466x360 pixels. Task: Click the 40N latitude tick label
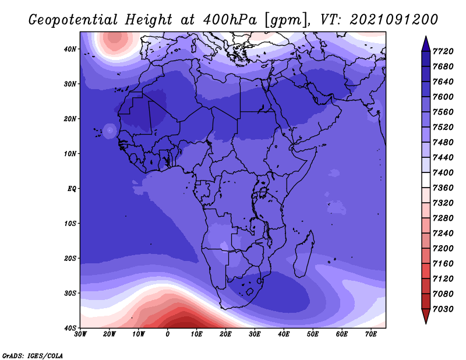(x=70, y=49)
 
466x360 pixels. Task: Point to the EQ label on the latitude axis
(x=72, y=189)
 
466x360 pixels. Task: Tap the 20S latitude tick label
(x=70, y=258)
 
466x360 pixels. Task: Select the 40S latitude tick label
(x=70, y=328)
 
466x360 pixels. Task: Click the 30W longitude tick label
(x=80, y=334)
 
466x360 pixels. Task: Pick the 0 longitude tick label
(x=168, y=334)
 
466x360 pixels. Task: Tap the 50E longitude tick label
(x=313, y=334)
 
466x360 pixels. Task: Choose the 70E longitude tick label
(x=371, y=334)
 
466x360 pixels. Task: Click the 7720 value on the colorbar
(x=443, y=51)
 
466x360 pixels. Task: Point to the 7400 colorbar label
(x=443, y=172)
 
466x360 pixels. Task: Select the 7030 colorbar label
(x=443, y=309)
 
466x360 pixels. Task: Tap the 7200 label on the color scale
(x=443, y=249)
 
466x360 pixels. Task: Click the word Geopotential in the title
(x=73, y=20)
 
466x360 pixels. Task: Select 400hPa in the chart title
(x=230, y=20)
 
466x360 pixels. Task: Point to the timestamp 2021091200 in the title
(x=394, y=20)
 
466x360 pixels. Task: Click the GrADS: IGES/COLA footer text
(x=33, y=356)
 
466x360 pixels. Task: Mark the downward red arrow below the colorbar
(x=426, y=316)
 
